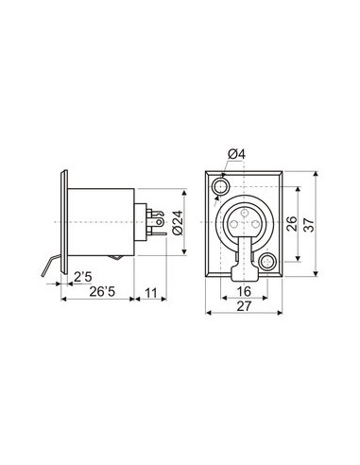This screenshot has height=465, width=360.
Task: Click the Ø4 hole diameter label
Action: [235, 153]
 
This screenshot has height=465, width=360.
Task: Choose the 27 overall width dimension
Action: [244, 308]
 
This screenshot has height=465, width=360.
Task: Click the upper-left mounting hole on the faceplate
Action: [220, 186]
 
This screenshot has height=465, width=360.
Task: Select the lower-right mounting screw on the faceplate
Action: [270, 262]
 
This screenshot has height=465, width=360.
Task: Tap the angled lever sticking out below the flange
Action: [50, 268]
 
